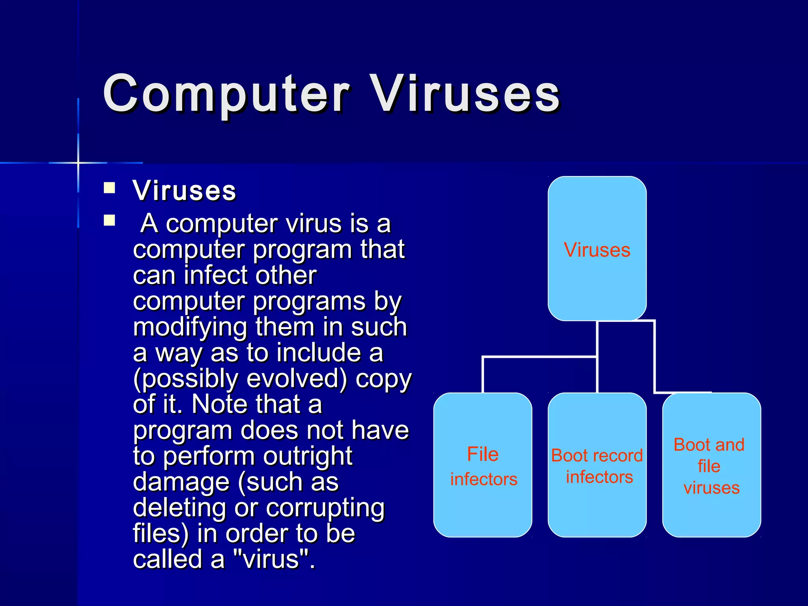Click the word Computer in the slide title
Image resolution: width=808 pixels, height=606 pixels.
coord(226,95)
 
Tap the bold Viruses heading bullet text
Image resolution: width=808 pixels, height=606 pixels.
coord(184,191)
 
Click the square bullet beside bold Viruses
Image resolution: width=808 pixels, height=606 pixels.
coord(109,187)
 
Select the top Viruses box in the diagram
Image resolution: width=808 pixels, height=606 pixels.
coord(597,249)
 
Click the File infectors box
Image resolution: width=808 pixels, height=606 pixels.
coord(483,466)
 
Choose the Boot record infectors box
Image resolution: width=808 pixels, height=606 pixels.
coord(597,466)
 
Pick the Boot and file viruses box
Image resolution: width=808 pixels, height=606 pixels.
coord(711,466)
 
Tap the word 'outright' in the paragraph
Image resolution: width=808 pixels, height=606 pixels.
coord(307,456)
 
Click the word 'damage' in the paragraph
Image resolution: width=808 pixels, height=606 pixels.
coord(181,482)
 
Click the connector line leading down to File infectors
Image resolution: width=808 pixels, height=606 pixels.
coord(483,375)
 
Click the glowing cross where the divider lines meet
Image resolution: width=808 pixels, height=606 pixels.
coord(78,163)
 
